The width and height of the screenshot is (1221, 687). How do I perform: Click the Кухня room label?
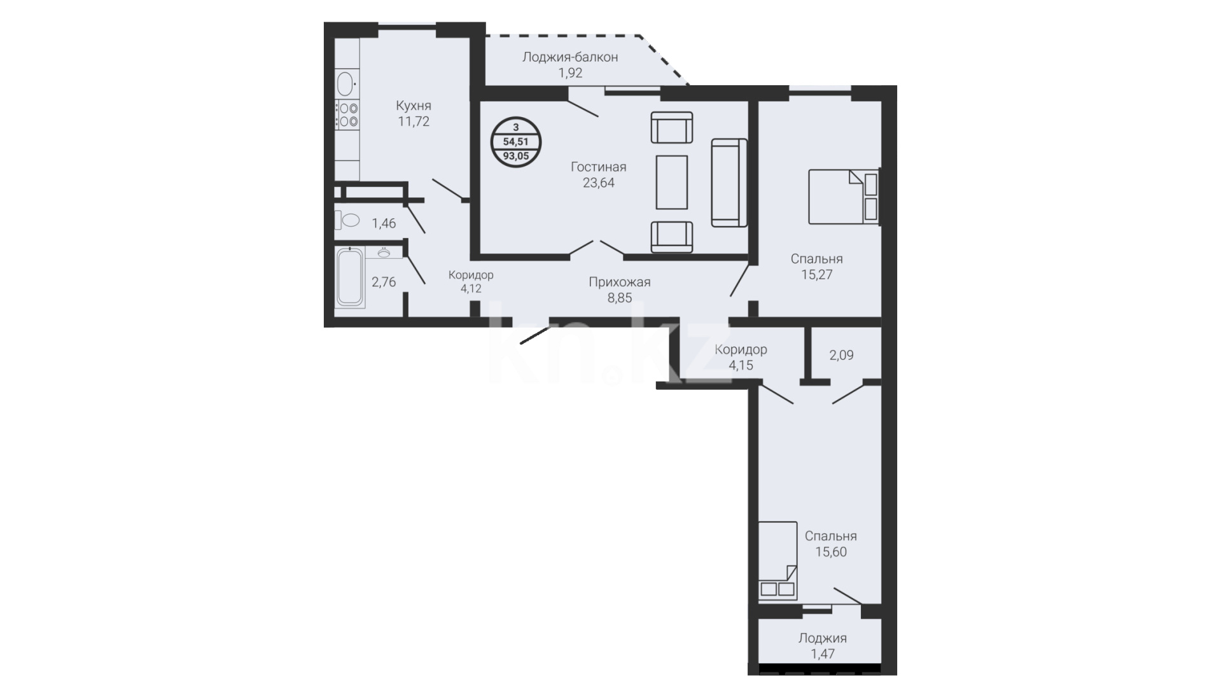tap(414, 106)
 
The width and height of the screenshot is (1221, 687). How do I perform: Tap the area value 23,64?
tap(599, 183)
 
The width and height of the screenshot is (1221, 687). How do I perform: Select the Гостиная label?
tap(599, 167)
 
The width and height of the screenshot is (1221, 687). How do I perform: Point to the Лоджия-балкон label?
tap(570, 57)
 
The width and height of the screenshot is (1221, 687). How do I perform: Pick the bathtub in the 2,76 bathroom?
tap(350, 277)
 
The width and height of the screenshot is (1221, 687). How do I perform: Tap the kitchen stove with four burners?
tap(347, 114)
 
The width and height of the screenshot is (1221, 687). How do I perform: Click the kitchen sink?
tap(345, 83)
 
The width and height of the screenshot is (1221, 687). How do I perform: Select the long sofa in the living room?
tap(729, 183)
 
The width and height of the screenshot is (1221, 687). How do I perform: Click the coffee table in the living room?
tap(671, 182)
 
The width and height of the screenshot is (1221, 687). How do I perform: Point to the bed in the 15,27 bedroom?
tap(843, 197)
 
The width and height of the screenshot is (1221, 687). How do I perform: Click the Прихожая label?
tap(620, 282)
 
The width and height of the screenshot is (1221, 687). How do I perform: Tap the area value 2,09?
tap(841, 356)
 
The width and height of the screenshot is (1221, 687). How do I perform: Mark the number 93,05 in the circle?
tap(516, 155)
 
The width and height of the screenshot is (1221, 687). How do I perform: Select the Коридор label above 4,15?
tap(741, 350)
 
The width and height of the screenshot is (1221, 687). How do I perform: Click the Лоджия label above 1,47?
tap(823, 638)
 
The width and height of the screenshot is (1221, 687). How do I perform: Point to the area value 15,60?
tap(831, 552)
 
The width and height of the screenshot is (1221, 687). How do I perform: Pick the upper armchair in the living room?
tap(672, 127)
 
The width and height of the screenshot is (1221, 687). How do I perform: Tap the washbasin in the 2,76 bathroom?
tap(384, 253)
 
